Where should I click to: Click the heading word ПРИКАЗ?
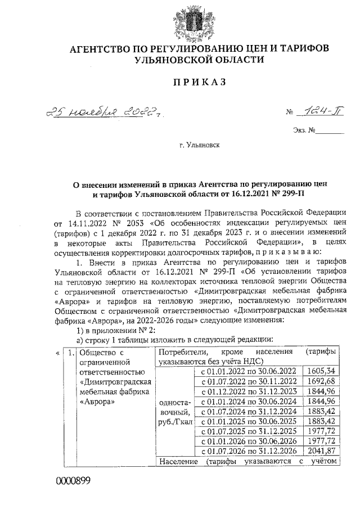pos(199,82)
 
